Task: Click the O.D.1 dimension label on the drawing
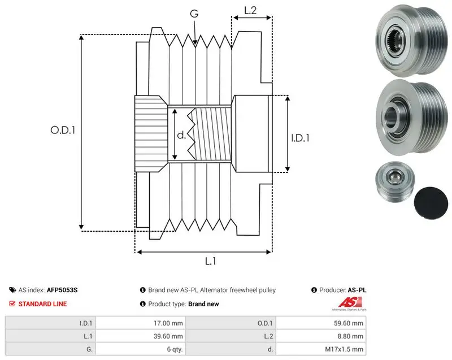pos(63,131)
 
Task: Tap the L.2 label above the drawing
pos(250,10)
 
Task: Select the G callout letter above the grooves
pos(194,14)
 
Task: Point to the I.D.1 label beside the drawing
pos(300,138)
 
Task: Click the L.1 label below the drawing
pos(210,261)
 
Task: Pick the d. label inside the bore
pos(181,135)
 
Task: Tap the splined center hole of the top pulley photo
pos(394,40)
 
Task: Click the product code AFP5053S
pos(62,290)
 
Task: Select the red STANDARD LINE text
pos(43,304)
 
